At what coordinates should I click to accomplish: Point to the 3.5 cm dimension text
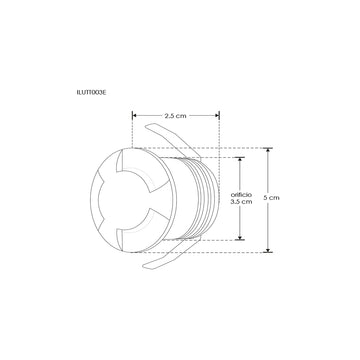tap(240, 202)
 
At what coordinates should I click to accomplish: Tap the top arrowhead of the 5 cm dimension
tap(268, 150)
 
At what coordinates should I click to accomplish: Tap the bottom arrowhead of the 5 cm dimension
tap(268, 250)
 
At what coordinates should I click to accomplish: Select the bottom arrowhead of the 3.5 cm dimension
tap(240, 239)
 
